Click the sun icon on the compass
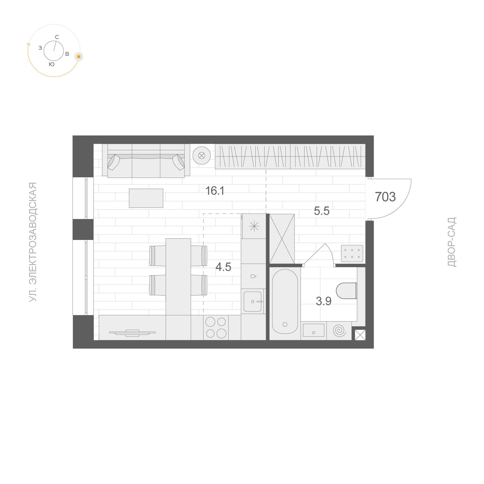pyautogui.click(x=79, y=57)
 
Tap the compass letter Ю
pyautogui.click(x=52, y=64)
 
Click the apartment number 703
pyautogui.click(x=385, y=197)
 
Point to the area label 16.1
pyautogui.click(x=215, y=191)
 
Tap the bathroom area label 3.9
pyautogui.click(x=324, y=301)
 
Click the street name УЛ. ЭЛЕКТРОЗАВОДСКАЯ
pyautogui.click(x=33, y=242)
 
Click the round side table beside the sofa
pyautogui.click(x=202, y=156)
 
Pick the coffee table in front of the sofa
pyautogui.click(x=146, y=198)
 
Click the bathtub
pyautogui.click(x=285, y=302)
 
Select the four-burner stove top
pyautogui.click(x=216, y=328)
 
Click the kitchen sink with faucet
pyautogui.click(x=253, y=301)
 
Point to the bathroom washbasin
pyautogui.click(x=313, y=330)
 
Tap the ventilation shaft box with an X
pyautogui.click(x=360, y=335)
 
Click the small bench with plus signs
pyautogui.click(x=352, y=253)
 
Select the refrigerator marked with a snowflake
pyautogui.click(x=254, y=226)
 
